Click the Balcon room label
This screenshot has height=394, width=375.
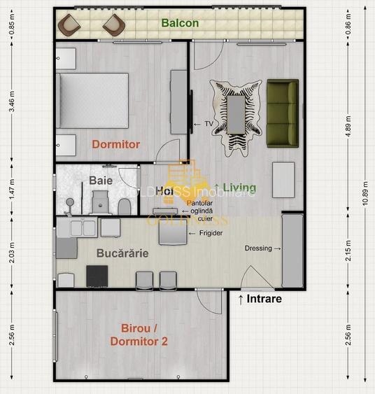[x=180, y=23]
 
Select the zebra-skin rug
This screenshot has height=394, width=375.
[x=236, y=113]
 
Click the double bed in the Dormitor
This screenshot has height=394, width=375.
[x=93, y=101]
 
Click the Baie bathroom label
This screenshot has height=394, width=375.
[x=101, y=181]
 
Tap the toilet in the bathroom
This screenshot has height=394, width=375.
[x=124, y=206]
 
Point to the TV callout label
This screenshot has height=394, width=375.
[x=208, y=124]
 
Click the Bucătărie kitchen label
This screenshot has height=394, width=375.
[x=122, y=253]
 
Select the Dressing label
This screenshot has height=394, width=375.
[x=259, y=248]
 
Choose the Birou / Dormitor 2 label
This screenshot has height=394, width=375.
[x=139, y=335]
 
